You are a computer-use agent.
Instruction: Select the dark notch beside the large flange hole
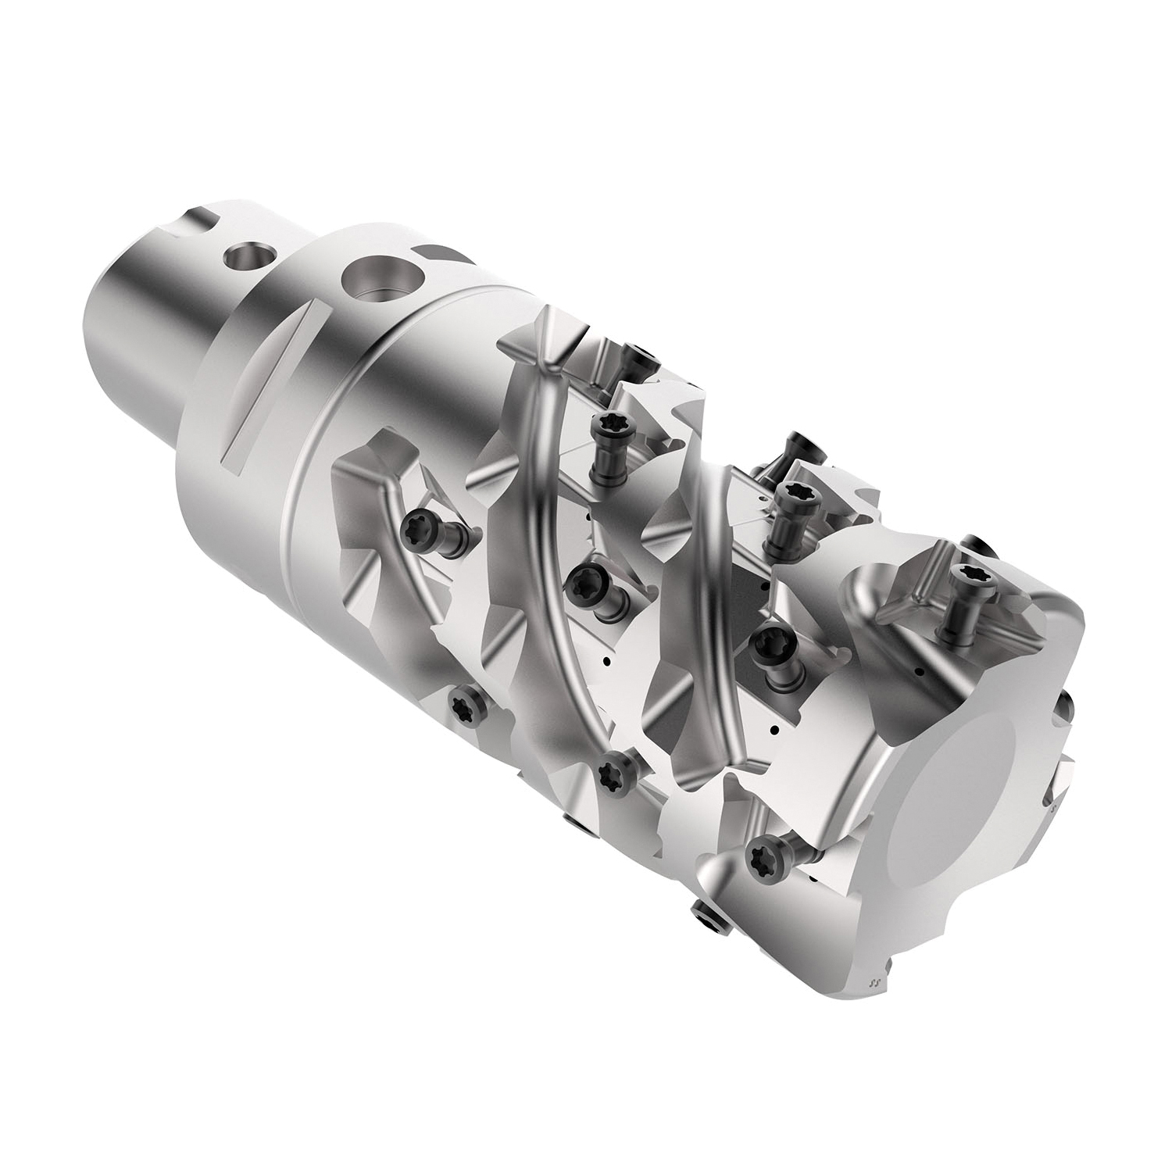click(438, 253)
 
